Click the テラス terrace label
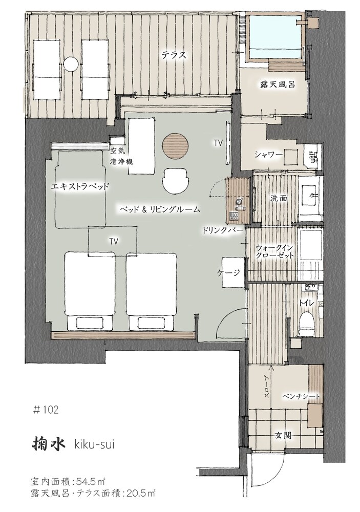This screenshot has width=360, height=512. [174, 55]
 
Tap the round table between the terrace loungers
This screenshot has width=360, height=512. [71, 63]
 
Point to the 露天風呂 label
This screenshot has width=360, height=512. [278, 84]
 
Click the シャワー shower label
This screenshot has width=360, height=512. [268, 155]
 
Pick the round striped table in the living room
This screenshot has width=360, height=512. [175, 145]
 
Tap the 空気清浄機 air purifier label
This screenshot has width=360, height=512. [121, 156]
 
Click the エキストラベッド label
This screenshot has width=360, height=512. [80, 187]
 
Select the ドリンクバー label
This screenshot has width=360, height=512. [222, 230]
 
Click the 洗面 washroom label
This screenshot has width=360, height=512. [279, 198]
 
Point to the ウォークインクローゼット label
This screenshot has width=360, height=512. [275, 251]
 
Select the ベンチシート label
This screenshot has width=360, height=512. [301, 396]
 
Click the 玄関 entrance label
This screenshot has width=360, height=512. [283, 435]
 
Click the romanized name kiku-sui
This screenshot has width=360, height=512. [94, 444]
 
